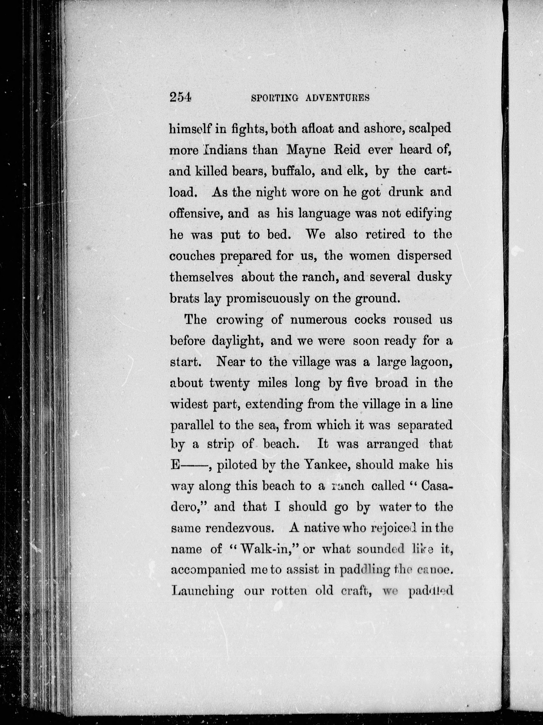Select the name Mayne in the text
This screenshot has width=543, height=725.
coord(306,150)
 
